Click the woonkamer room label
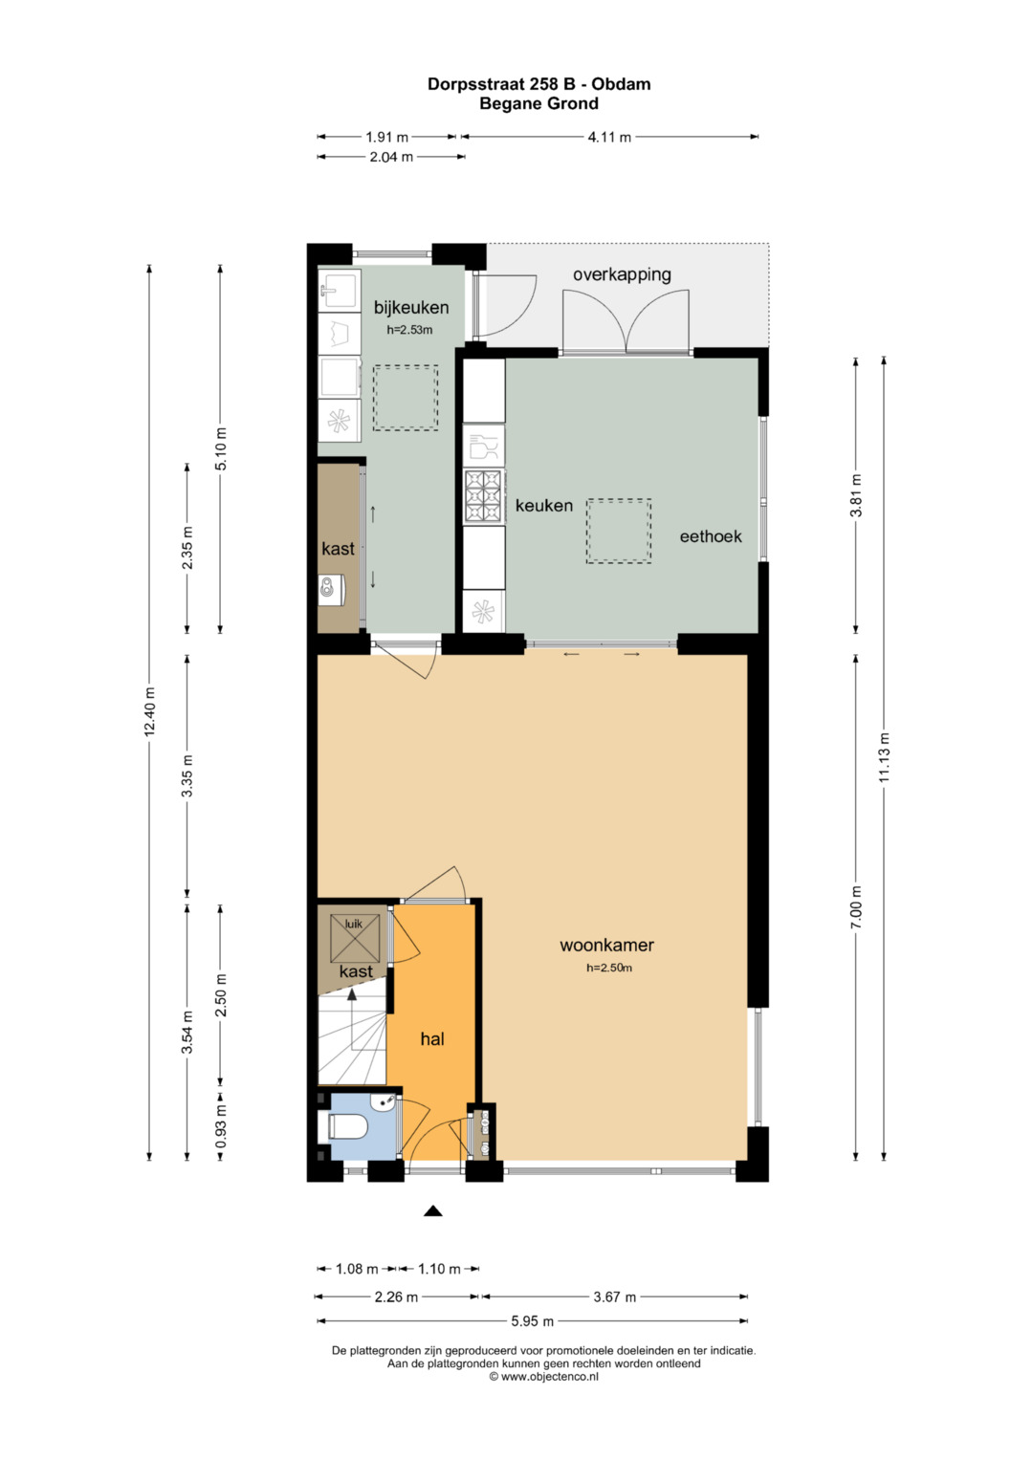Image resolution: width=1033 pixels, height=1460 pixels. [x=606, y=945]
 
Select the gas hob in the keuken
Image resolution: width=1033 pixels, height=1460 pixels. [x=483, y=496]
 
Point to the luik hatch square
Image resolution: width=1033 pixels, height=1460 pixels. [x=355, y=938]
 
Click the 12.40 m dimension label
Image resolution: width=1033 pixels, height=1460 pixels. [x=149, y=711]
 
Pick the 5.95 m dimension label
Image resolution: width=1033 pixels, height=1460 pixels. [x=532, y=1321]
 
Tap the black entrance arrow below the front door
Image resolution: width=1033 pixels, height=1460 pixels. [x=433, y=1211]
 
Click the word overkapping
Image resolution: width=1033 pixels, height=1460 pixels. [x=622, y=274]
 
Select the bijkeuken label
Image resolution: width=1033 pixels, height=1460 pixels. [x=411, y=307]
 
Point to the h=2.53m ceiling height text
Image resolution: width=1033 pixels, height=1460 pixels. [x=409, y=330]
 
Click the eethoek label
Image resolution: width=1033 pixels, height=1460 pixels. [x=711, y=536]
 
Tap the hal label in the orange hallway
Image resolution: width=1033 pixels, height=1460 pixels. [x=432, y=1039]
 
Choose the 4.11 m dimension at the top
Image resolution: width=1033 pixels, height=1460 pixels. [x=610, y=137]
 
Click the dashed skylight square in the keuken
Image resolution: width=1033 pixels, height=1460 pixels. [x=618, y=531]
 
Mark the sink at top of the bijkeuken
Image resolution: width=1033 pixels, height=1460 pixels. [x=339, y=290]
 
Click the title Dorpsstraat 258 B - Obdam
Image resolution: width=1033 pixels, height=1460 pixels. [x=538, y=84]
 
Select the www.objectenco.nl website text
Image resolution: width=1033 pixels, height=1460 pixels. [x=543, y=1377]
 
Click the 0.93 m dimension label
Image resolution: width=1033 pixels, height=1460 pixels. [x=220, y=1126]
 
